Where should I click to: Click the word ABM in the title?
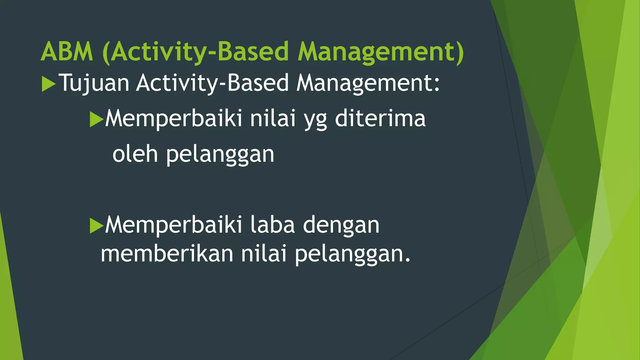(67, 52)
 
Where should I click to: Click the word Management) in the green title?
(381, 52)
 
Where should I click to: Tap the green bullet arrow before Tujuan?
(48, 84)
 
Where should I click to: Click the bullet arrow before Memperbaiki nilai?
(96, 119)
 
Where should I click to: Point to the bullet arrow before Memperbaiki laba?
(96, 226)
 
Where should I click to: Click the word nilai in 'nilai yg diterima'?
(273, 119)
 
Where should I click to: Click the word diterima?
(380, 119)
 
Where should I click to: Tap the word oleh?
(135, 154)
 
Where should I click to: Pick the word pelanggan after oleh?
(220, 155)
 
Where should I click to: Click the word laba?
(272, 225)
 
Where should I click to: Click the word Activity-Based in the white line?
(212, 83)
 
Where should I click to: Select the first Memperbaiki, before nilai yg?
(174, 119)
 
